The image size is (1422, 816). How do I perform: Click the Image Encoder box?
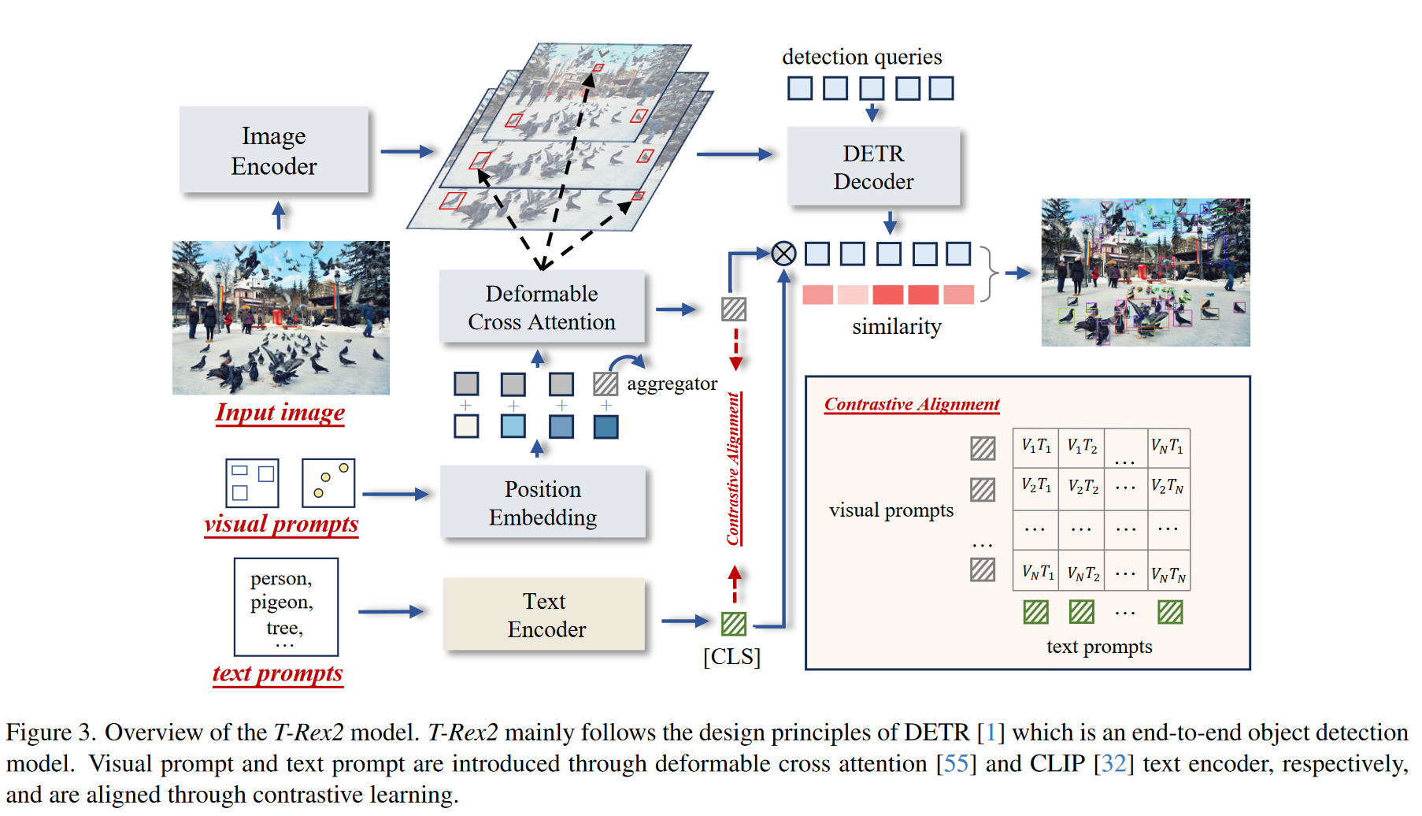[x=273, y=150]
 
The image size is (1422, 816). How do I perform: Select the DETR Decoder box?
[x=873, y=167]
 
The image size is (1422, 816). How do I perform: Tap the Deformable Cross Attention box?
[x=542, y=307]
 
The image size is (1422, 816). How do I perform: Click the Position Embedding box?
[x=543, y=503]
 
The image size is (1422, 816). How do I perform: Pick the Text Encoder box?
[x=545, y=615]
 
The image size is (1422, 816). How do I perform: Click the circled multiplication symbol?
[x=783, y=254]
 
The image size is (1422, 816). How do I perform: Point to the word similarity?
[x=896, y=327]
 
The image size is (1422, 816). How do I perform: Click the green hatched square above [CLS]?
[x=734, y=624]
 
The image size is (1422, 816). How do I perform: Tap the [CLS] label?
[x=731, y=657]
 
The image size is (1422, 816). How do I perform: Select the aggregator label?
[x=672, y=384]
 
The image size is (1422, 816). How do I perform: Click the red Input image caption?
[x=280, y=413]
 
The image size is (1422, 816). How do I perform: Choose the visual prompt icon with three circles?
[x=328, y=483]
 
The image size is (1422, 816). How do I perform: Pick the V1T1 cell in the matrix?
[x=1035, y=446]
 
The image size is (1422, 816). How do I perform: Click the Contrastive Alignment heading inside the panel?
[x=911, y=404]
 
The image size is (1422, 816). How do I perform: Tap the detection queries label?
[x=861, y=57]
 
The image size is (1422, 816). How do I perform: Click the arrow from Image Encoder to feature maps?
[x=407, y=151]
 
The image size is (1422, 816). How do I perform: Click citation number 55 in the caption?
[x=956, y=764]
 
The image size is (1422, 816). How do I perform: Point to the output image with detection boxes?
[x=1145, y=273]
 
